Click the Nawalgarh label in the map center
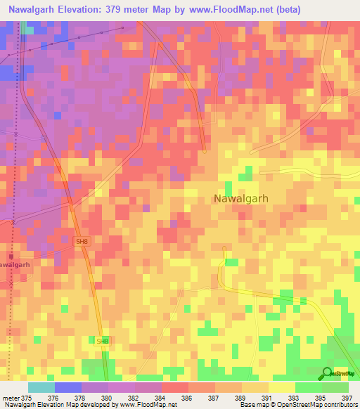click(240, 199)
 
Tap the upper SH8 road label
click(83, 241)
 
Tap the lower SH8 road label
click(103, 341)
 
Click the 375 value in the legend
click(27, 397)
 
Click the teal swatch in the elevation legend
click(41, 387)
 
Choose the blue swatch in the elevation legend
click(68, 387)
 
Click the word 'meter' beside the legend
click(11, 397)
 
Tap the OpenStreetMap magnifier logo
click(326, 374)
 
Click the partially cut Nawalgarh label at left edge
click(15, 265)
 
